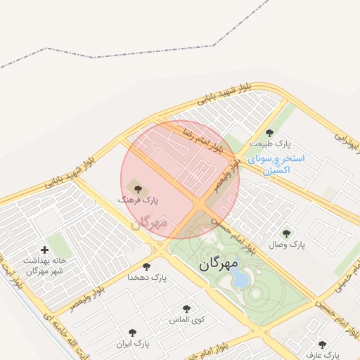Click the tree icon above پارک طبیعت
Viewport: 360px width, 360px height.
[269, 133]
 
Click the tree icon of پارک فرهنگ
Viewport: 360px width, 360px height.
[137, 188]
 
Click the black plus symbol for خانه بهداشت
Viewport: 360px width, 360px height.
[44, 249]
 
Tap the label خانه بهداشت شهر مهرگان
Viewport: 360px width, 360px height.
[44, 265]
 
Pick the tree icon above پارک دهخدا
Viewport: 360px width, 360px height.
[146, 266]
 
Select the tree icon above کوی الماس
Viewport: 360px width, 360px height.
[186, 308]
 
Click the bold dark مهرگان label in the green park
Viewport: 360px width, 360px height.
[219, 264]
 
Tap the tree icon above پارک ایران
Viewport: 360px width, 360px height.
[133, 332]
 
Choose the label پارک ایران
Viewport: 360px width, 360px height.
[134, 344]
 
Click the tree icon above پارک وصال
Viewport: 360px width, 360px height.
[285, 233]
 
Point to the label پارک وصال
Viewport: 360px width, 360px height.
[287, 245]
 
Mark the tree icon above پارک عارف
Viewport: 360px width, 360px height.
[323, 345]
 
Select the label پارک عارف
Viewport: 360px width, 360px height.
[323, 355]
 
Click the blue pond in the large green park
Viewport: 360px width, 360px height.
[240, 279]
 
